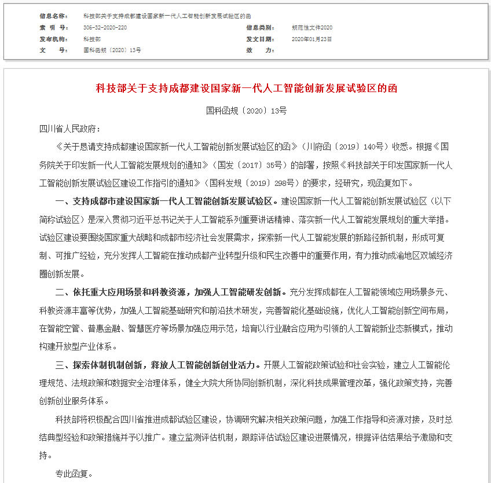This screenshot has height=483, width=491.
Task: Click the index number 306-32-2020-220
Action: tap(105, 27)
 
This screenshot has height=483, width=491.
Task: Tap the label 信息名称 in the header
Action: tap(53, 16)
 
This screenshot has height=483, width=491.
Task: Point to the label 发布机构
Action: tap(53, 39)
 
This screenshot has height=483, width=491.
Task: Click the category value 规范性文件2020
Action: tap(312, 27)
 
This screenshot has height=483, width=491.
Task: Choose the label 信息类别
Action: tap(260, 27)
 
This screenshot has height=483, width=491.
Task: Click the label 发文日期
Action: tap(260, 39)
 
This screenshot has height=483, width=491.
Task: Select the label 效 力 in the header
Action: tap(260, 50)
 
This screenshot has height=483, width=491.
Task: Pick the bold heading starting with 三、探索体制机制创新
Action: tap(158, 365)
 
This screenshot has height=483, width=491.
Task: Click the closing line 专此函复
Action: tap(74, 474)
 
